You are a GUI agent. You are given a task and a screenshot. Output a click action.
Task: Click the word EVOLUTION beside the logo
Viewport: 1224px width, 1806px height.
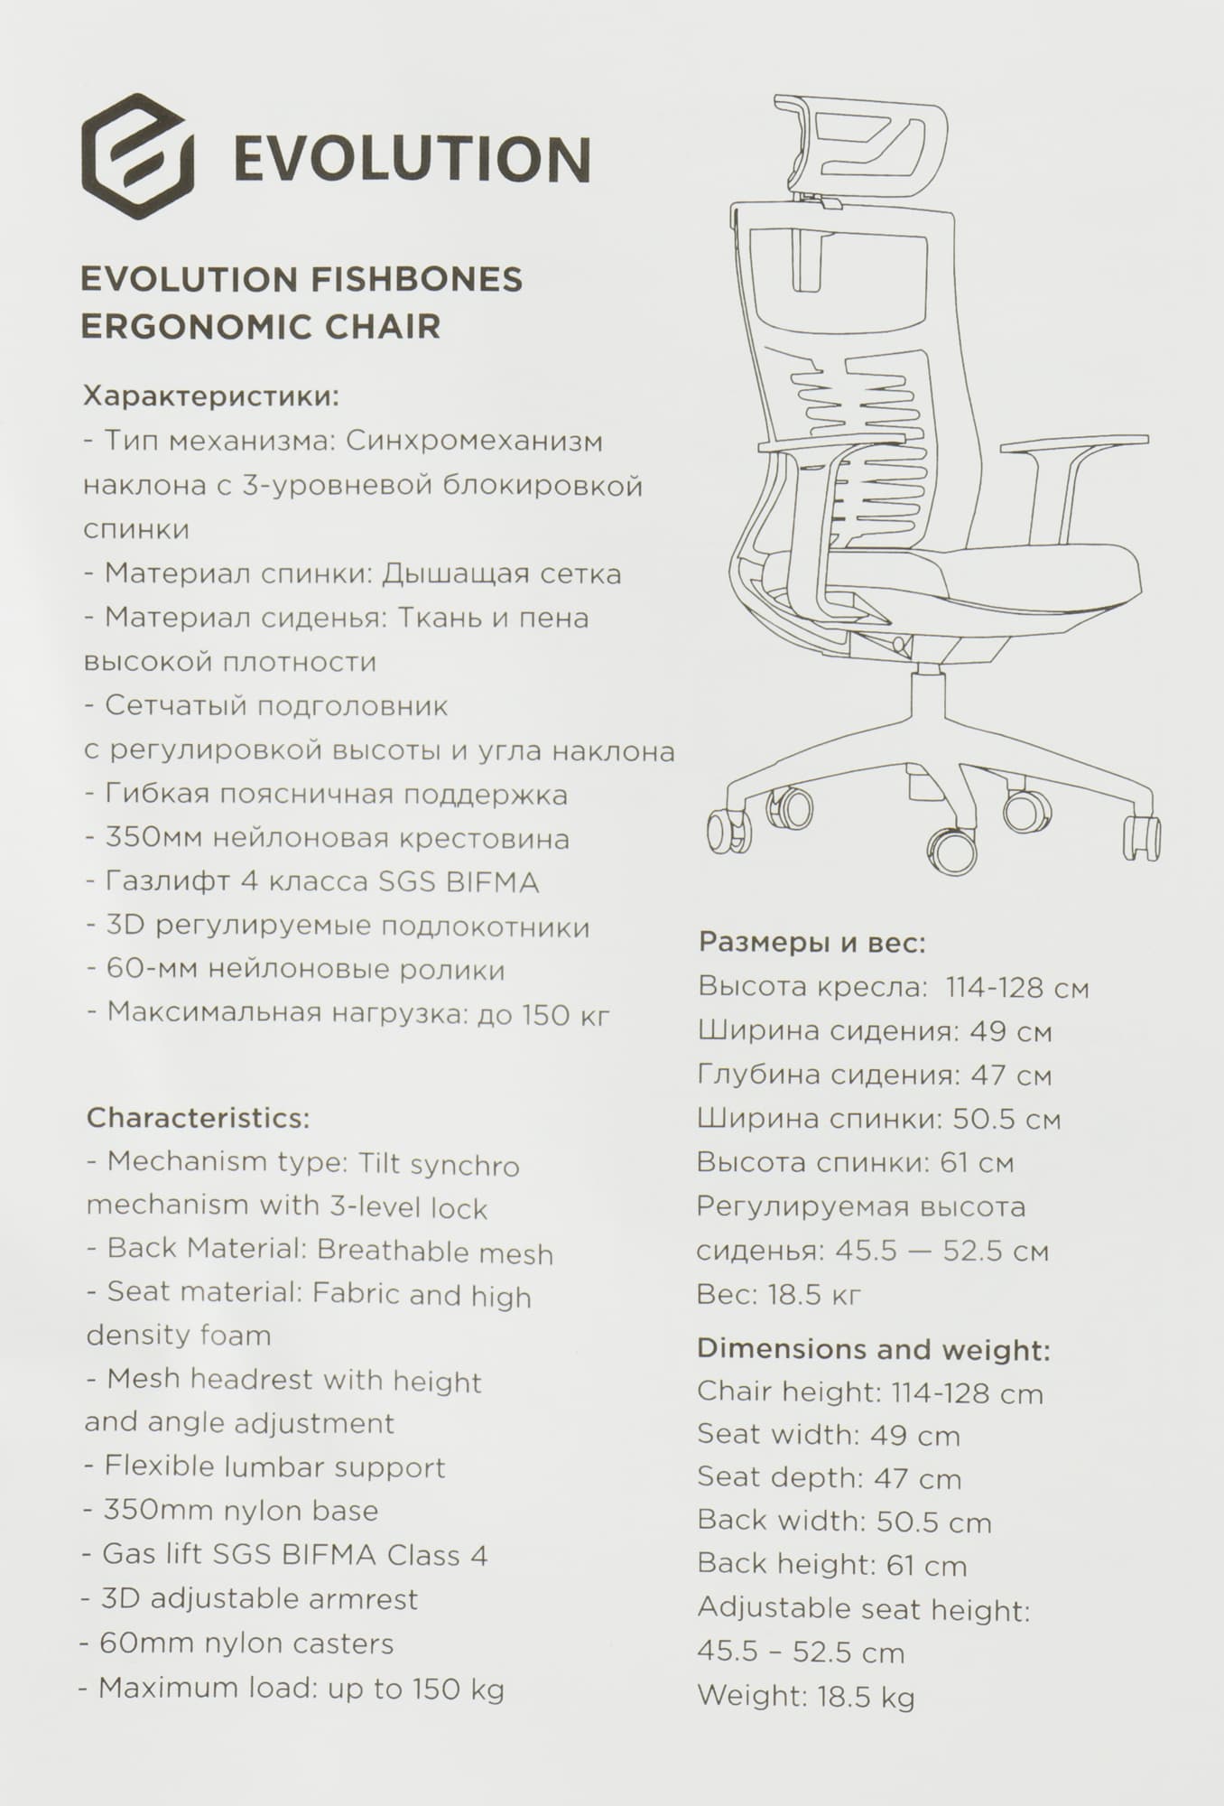(412, 160)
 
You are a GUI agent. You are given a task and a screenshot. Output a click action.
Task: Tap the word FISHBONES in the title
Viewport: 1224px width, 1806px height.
(416, 279)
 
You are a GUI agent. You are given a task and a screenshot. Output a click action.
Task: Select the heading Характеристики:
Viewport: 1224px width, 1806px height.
(211, 396)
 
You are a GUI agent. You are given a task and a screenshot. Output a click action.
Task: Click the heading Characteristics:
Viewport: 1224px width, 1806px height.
(198, 1118)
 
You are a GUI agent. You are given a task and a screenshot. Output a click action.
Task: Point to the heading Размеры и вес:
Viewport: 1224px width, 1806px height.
(812, 944)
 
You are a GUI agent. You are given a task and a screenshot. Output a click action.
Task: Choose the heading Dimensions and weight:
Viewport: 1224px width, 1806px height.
(873, 1350)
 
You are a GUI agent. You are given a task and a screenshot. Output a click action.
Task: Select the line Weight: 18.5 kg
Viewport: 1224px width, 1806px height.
(805, 1697)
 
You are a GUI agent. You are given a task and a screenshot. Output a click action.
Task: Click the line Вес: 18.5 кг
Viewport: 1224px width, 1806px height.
(779, 1295)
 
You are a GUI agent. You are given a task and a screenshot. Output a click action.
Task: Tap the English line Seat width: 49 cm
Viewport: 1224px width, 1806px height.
(828, 1435)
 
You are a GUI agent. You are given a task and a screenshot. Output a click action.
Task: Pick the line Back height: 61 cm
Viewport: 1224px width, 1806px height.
(831, 1566)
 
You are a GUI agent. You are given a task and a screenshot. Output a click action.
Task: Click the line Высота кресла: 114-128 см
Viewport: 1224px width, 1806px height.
(893, 988)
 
